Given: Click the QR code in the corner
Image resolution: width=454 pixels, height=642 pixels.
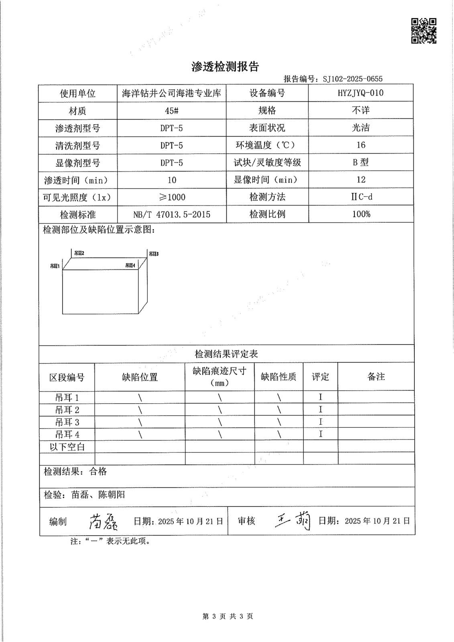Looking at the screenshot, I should [424, 30].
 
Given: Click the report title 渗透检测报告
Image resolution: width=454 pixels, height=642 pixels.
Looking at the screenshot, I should [225, 67].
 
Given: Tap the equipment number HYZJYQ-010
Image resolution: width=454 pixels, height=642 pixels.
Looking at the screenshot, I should [360, 93].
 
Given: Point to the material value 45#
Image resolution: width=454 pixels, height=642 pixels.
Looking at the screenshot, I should [171, 111].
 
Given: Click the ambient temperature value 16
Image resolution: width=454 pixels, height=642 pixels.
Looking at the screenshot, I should [360, 145].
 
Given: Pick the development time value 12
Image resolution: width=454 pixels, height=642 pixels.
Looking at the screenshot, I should [360, 179].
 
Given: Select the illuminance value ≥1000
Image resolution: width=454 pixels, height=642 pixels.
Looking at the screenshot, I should [171, 197].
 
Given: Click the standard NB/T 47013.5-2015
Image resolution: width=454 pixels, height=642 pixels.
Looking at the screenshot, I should [171, 214].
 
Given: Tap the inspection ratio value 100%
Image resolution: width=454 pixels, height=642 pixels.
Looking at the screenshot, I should [360, 214].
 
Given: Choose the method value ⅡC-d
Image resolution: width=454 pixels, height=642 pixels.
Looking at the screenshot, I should [360, 197].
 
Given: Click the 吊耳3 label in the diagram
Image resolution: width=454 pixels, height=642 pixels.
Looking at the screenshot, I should [154, 254].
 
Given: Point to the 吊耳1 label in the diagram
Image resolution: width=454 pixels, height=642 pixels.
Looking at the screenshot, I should [55, 266].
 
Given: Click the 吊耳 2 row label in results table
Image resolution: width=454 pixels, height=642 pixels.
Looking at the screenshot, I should [67, 410].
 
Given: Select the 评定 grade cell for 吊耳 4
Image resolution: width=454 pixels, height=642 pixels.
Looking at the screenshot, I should [320, 434].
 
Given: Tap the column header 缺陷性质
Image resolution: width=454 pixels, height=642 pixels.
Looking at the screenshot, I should [279, 377].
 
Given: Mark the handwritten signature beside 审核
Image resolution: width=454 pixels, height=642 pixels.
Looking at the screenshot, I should [293, 521].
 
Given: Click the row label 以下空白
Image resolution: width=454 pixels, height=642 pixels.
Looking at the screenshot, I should [67, 447].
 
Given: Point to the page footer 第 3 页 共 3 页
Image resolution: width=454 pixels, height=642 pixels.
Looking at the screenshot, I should [228, 616].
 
